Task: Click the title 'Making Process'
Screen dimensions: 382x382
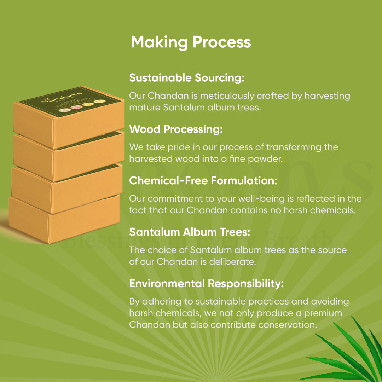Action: pyautogui.click(x=191, y=42)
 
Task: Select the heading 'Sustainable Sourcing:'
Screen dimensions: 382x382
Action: pyautogui.click(x=186, y=78)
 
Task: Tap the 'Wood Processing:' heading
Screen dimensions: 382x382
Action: pyautogui.click(x=176, y=129)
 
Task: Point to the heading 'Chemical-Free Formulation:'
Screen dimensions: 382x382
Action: pyautogui.click(x=203, y=181)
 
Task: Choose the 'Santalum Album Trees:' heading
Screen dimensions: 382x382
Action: pyautogui.click(x=190, y=232)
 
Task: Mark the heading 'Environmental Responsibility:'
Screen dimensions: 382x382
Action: pyautogui.click(x=206, y=284)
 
